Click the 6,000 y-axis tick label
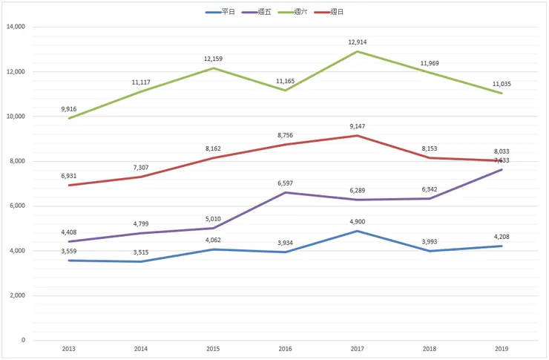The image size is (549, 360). (x=16, y=206)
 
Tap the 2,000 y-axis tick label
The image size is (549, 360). (x=16, y=295)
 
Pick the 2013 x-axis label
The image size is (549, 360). (x=69, y=347)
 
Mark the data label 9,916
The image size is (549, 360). (x=69, y=108)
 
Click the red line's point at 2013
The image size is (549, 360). (x=69, y=185)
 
